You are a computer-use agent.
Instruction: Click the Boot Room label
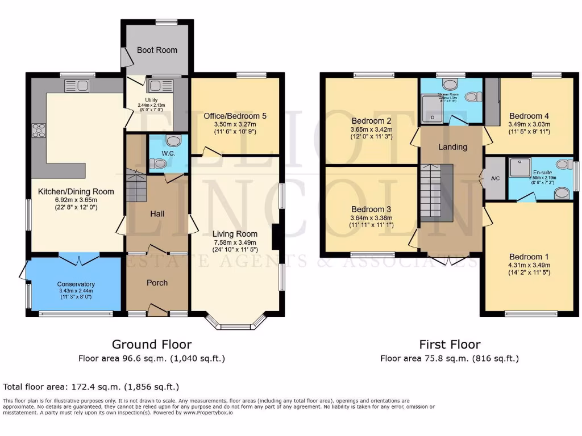(157, 50)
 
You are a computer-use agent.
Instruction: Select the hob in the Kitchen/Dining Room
(40, 130)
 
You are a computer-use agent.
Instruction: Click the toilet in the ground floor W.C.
(160, 163)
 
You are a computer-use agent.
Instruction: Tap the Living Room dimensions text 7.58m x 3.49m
(235, 243)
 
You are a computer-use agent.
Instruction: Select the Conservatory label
(76, 284)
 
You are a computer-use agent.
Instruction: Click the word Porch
(157, 283)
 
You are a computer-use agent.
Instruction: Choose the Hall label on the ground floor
(157, 213)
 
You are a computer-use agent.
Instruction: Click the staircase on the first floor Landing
(436, 193)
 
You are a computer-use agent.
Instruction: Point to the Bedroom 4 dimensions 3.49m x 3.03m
(530, 125)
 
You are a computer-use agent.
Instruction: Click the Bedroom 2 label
(372, 120)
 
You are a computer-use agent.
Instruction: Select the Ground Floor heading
(151, 344)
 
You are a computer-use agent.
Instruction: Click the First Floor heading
(450, 344)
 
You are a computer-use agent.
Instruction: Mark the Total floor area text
(91, 387)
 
